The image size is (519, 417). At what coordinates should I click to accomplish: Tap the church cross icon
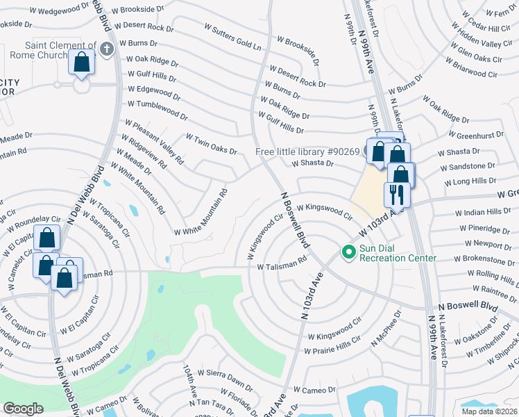click(x=106, y=49)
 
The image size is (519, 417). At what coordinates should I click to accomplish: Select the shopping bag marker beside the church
click(x=82, y=63)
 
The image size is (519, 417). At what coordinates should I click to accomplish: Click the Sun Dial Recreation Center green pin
click(x=348, y=252)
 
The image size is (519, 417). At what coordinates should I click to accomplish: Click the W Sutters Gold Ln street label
click(x=232, y=38)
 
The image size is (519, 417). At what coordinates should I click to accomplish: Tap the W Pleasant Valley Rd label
click(x=154, y=142)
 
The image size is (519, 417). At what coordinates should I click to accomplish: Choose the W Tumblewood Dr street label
click(x=158, y=110)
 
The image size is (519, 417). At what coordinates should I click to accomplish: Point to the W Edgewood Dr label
click(x=153, y=90)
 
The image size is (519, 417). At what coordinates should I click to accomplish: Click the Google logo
click(x=23, y=409)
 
